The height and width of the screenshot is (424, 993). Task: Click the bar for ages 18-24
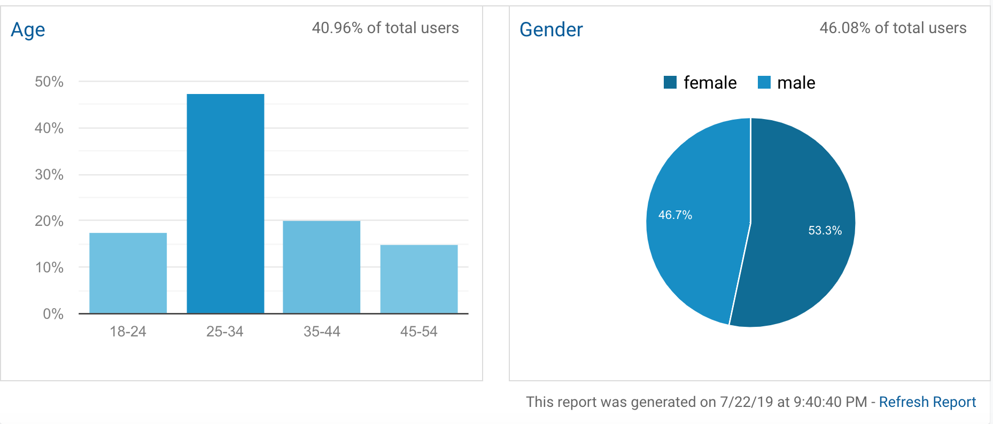pos(128,273)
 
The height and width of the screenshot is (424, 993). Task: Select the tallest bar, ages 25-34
pos(225,203)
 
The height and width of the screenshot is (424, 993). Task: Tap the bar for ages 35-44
pos(321,266)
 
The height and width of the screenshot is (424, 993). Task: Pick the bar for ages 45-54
pos(418,279)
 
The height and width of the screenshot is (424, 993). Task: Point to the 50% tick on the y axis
pos(49,82)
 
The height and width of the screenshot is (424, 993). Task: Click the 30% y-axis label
pos(49,175)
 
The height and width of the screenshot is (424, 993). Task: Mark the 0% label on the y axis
pos(53,314)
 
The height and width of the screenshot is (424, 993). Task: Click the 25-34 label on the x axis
pos(224,332)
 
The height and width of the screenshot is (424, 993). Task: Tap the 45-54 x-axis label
pos(418,332)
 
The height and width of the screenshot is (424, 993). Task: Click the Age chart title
pos(28,30)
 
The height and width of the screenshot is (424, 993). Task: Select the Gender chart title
pos(551,30)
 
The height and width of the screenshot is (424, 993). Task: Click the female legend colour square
pos(670,82)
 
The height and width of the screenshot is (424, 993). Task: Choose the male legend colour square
pos(764,82)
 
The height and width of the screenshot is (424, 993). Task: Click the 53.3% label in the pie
pos(825,231)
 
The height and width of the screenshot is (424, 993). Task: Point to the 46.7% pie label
pos(675,215)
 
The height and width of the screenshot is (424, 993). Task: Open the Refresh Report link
pos(927,402)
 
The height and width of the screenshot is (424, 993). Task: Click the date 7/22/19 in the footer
pos(746,402)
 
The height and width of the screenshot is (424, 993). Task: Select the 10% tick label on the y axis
pos(49,268)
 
